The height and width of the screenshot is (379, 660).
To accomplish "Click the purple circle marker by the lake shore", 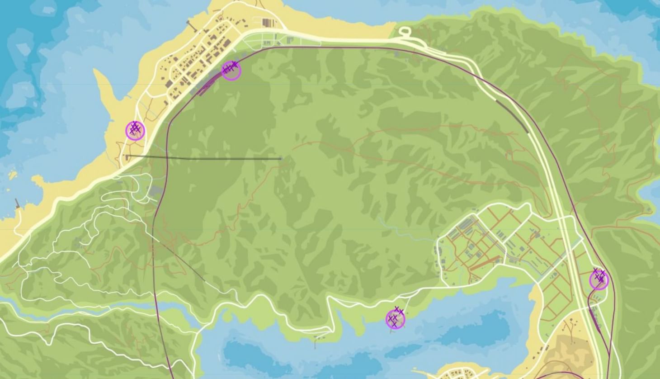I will tap(395, 320).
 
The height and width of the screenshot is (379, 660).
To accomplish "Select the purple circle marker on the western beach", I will tap(135, 131).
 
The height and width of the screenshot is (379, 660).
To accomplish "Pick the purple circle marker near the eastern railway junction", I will tap(599, 280).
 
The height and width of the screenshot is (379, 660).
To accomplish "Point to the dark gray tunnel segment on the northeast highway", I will tap(513, 116).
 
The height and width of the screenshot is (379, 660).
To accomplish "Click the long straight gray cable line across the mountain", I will tap(203, 157).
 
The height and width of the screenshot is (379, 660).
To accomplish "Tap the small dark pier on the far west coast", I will tap(17, 203).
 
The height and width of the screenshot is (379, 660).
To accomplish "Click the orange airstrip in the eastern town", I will tap(486, 263).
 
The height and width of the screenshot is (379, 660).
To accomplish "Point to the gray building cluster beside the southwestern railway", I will tap(156, 192).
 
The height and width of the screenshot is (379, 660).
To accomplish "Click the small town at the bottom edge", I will tap(454, 374).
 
